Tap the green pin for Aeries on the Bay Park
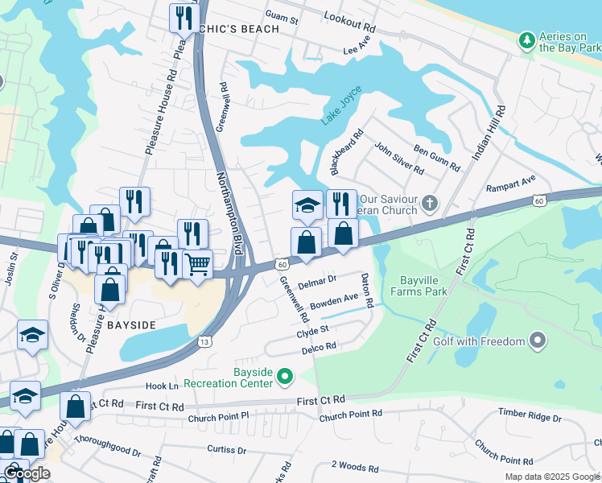(526, 39)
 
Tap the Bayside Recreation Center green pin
(284, 376)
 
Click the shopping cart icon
(197, 263)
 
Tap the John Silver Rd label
(398, 158)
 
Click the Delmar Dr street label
(316, 282)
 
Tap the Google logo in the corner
(27, 473)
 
